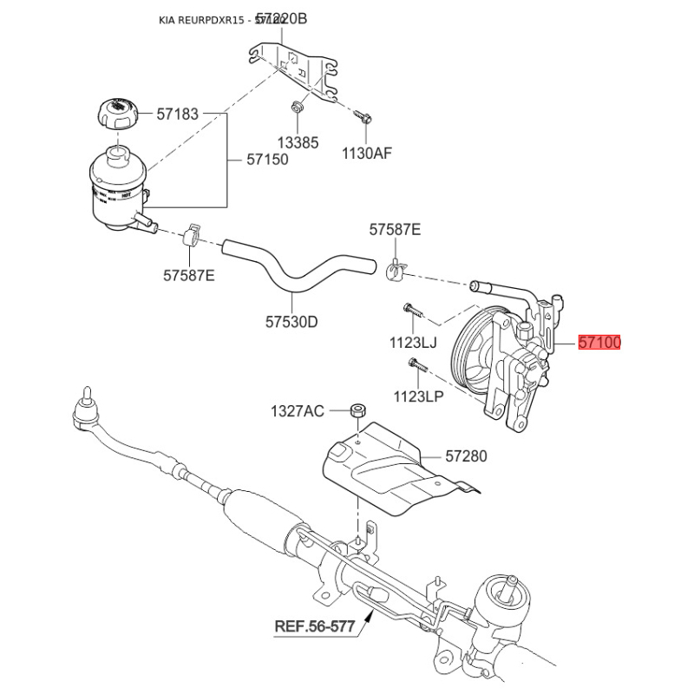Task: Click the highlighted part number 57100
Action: click(x=599, y=343)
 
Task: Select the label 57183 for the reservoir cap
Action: click(x=177, y=114)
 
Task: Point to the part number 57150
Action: click(x=267, y=160)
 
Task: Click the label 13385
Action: click(x=298, y=143)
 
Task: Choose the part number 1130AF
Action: click(x=367, y=154)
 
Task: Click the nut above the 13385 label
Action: click(x=297, y=108)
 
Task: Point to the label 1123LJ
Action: click(x=416, y=342)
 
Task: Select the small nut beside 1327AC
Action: click(x=356, y=409)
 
